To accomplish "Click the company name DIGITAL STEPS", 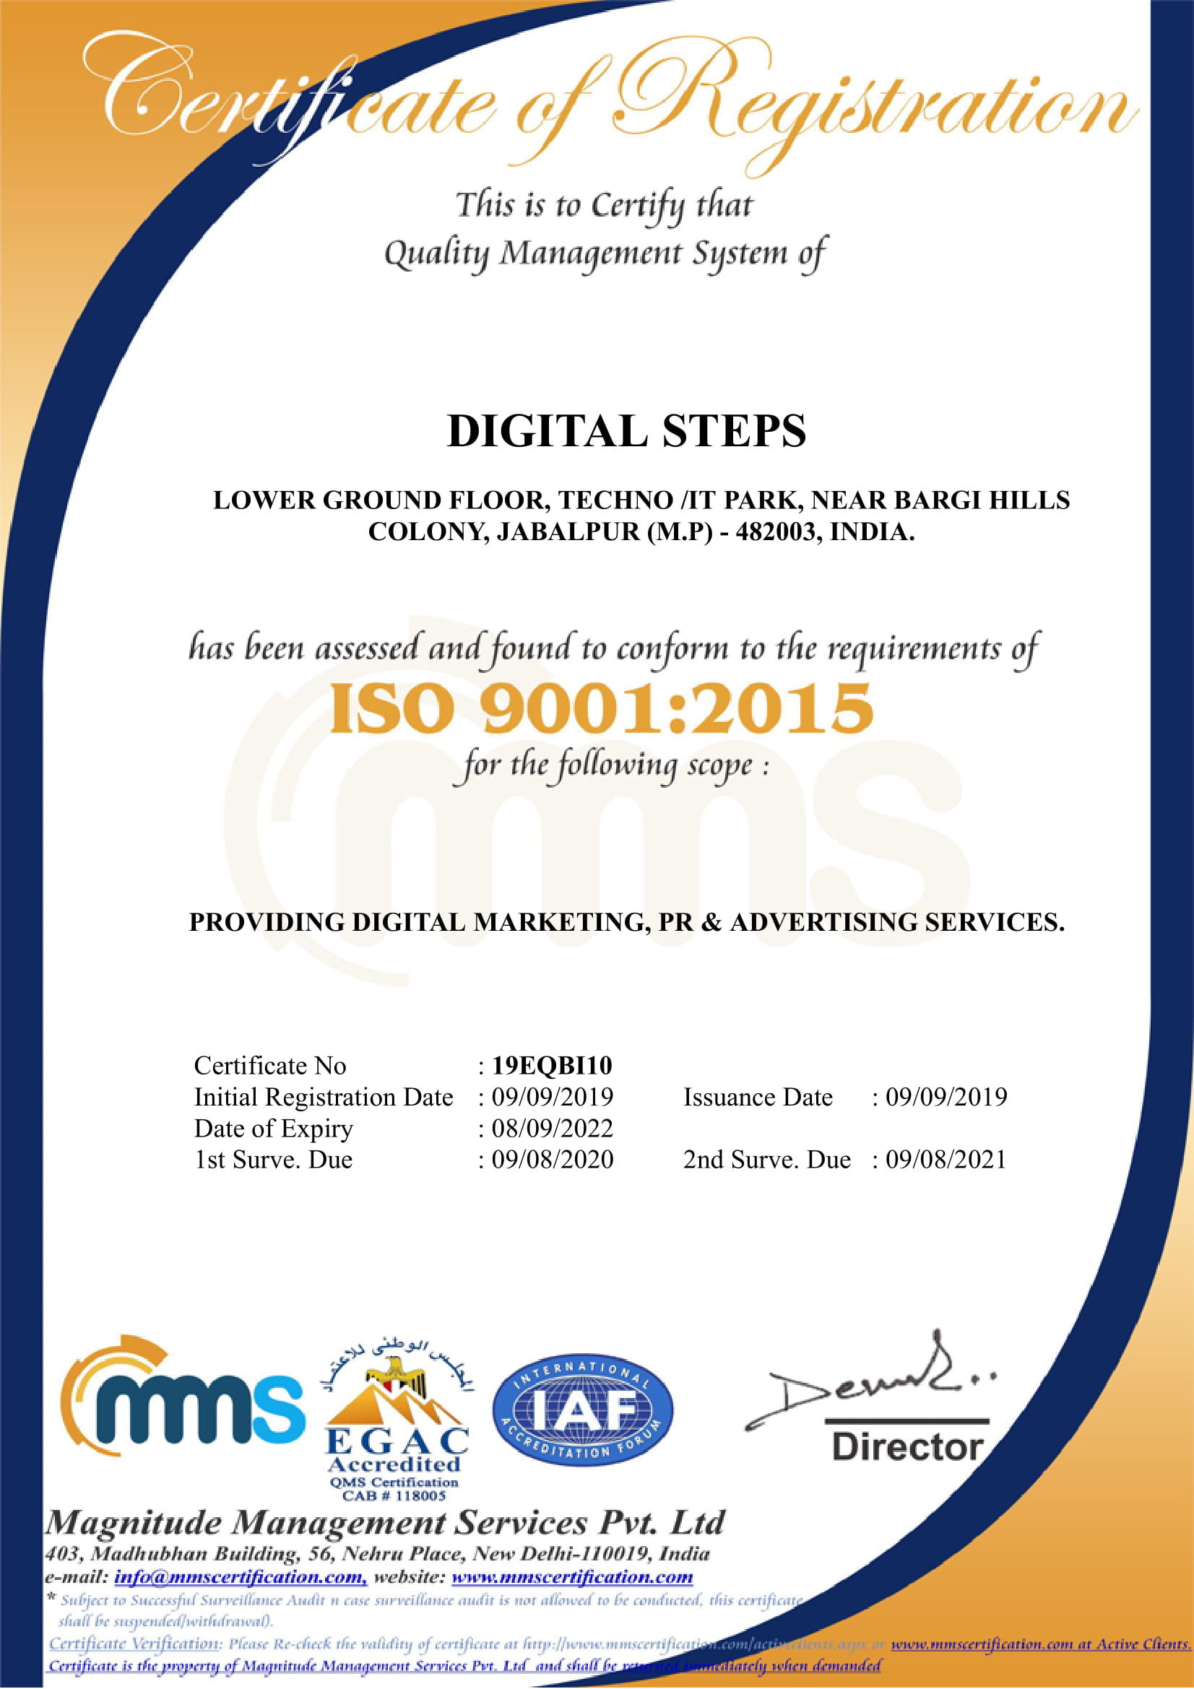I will pos(626,431).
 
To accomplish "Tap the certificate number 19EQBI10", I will pos(552,1065).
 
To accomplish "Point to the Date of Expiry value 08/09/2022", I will pos(552,1129).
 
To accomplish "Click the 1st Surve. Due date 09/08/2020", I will pos(552,1160).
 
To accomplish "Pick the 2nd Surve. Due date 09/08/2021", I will pos(946,1160).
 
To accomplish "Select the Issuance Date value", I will pos(946,1097).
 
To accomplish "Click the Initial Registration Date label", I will pos(323,1097).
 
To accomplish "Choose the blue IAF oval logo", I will pos(582,1410).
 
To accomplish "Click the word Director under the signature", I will pos(907,1447).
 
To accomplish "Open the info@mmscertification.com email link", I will pos(240,1577).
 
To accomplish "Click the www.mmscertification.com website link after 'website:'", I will pos(571,1577).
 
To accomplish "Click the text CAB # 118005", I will pos(394,1496).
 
